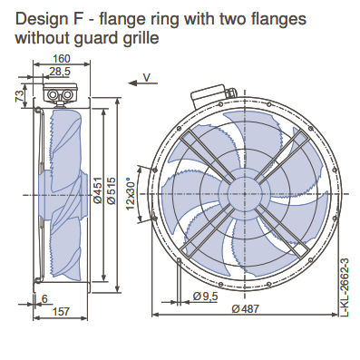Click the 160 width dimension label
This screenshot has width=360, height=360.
click(x=62, y=58)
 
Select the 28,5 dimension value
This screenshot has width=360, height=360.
click(x=60, y=72)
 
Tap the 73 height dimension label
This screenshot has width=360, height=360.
click(x=20, y=96)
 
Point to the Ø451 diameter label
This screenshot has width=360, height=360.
click(x=98, y=190)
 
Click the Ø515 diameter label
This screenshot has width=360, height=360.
click(x=112, y=190)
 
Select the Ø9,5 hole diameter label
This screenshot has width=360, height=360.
click(x=206, y=297)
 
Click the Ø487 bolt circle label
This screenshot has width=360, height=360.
click(x=246, y=308)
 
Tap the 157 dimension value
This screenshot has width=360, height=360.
click(x=61, y=311)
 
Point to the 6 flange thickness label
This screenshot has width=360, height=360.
click(x=44, y=299)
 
